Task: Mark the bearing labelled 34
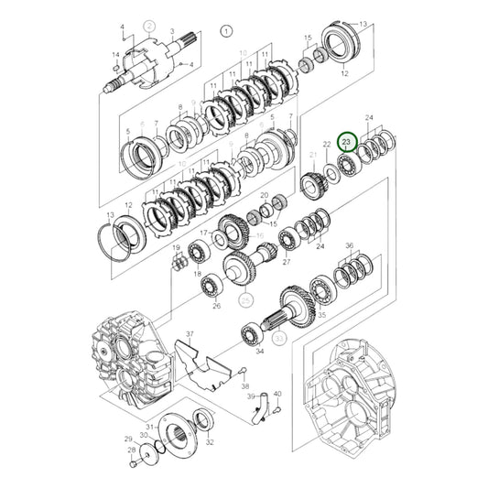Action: (x=250, y=333)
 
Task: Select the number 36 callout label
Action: (x=349, y=245)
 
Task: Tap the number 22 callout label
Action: (x=326, y=144)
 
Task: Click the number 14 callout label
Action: (x=115, y=56)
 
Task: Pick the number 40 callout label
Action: (x=277, y=395)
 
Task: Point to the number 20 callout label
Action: (x=264, y=196)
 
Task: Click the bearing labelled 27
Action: (x=289, y=243)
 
